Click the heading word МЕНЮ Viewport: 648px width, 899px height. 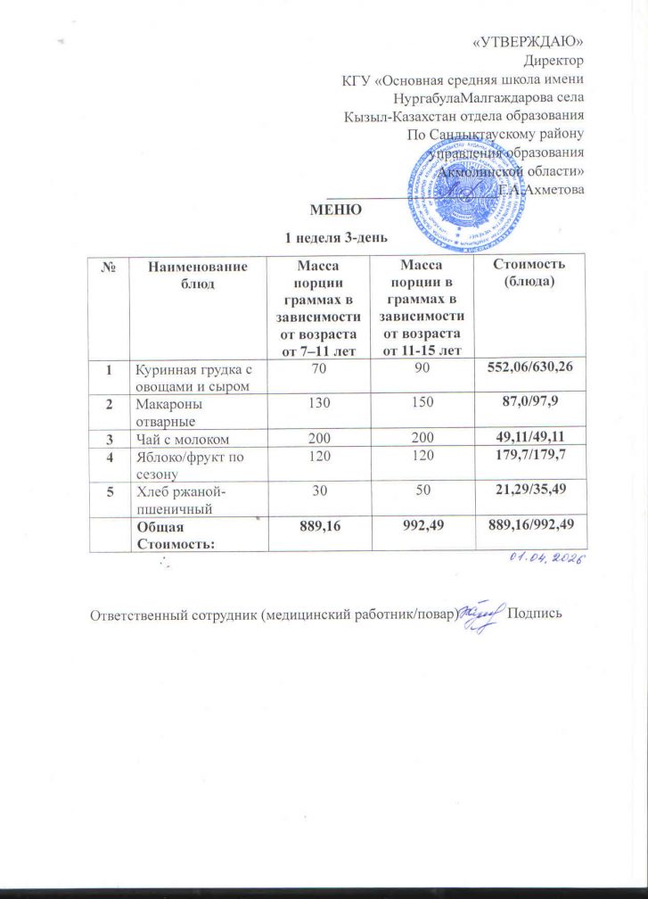point(335,211)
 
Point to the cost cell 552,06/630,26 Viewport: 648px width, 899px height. point(530,366)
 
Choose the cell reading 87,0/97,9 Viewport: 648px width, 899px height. point(530,404)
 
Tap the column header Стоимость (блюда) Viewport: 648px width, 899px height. point(529,273)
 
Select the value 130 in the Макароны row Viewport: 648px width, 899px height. point(318,404)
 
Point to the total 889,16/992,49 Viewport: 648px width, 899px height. point(530,528)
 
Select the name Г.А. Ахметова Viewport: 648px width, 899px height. point(541,190)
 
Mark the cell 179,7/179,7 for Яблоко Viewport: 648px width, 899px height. point(530,457)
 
